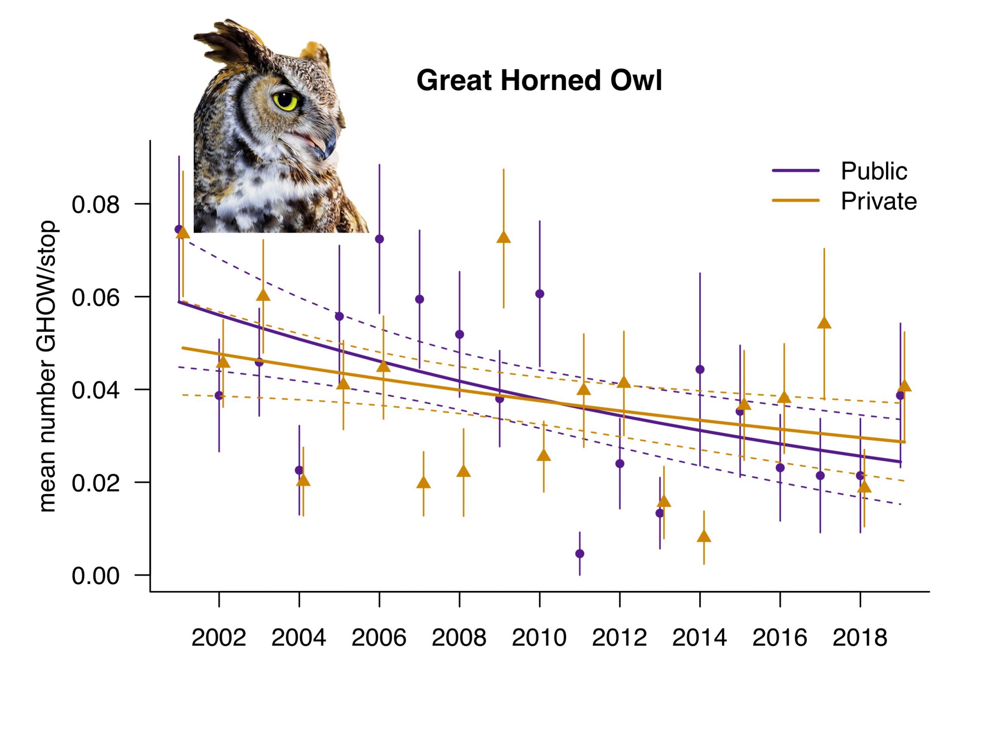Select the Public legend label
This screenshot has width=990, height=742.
[x=874, y=171]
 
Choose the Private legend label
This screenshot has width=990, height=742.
[x=879, y=201]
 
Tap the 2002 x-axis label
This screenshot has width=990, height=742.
[x=218, y=638]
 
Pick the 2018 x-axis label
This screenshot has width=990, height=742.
[x=859, y=638]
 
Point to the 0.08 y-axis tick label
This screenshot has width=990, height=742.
[x=96, y=205]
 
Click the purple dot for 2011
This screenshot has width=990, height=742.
[x=580, y=554]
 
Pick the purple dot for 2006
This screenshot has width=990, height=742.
[x=379, y=239]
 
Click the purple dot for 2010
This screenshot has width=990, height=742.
[x=540, y=294]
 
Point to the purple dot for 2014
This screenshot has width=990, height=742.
[x=700, y=369]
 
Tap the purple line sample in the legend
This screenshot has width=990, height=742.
[x=796, y=171]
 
